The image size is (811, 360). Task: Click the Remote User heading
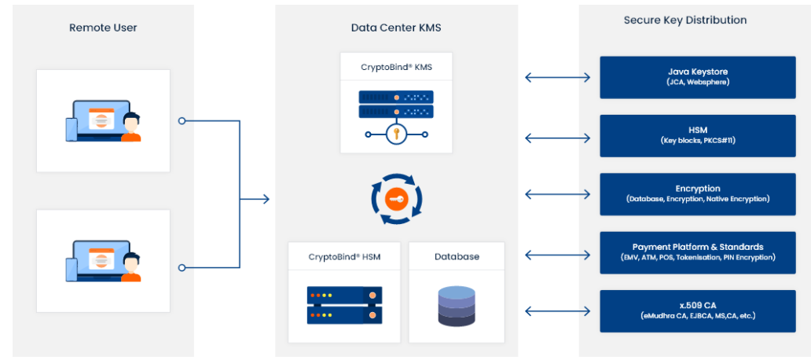click(103, 28)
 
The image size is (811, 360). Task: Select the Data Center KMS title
click(396, 28)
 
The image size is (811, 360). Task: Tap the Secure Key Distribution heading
click(685, 20)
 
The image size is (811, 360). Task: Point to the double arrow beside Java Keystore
click(558, 77)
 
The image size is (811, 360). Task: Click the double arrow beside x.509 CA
click(558, 311)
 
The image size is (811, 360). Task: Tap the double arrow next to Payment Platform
click(558, 254)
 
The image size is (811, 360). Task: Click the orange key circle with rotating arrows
click(397, 200)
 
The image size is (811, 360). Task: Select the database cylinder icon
click(457, 306)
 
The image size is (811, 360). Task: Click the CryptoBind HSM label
click(344, 256)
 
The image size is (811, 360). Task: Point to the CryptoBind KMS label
click(396, 68)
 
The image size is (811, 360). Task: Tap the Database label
click(457, 256)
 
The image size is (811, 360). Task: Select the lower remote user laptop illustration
click(103, 260)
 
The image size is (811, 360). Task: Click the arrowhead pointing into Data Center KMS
click(266, 200)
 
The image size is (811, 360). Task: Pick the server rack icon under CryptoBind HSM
click(344, 306)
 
